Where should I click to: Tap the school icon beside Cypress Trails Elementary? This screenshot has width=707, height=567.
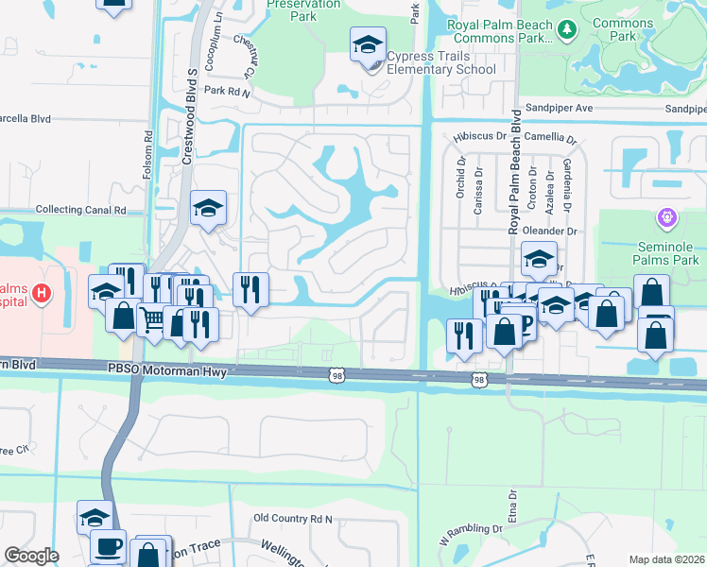[369, 43]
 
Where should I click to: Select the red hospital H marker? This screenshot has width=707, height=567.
[41, 294]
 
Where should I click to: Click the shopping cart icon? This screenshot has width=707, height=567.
[152, 319]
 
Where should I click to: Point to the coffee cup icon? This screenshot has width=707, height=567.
[108, 546]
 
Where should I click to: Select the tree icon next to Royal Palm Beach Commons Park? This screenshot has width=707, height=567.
[567, 29]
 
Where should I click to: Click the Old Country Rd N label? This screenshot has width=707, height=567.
[295, 519]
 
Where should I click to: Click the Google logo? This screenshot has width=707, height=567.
[31, 556]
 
